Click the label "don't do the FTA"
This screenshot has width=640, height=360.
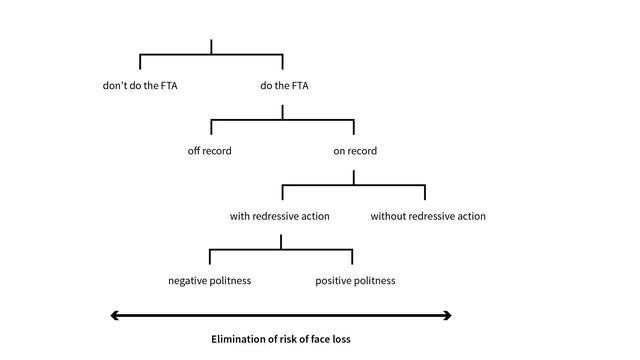pos(140,86)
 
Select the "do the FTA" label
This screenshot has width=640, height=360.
pos(284,86)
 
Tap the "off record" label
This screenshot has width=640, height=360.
pos(210,151)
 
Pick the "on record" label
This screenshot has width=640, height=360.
pos(355,151)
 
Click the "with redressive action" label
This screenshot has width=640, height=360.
pos(280,216)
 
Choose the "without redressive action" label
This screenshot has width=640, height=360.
pos(428,216)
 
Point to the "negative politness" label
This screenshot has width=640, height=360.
pos(209,281)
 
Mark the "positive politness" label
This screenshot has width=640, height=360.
pos(355,281)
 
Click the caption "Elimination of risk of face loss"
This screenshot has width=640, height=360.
pos(281,339)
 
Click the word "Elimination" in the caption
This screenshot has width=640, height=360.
pos(238,339)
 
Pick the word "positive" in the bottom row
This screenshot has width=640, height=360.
pos(335,281)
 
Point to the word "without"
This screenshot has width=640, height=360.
pos(390,216)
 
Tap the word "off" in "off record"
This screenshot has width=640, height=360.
pos(194,151)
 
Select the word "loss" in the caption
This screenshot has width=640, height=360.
pos(340,339)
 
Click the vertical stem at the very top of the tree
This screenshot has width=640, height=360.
pos(211,47)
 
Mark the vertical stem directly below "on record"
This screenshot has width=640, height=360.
pos(354,177)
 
